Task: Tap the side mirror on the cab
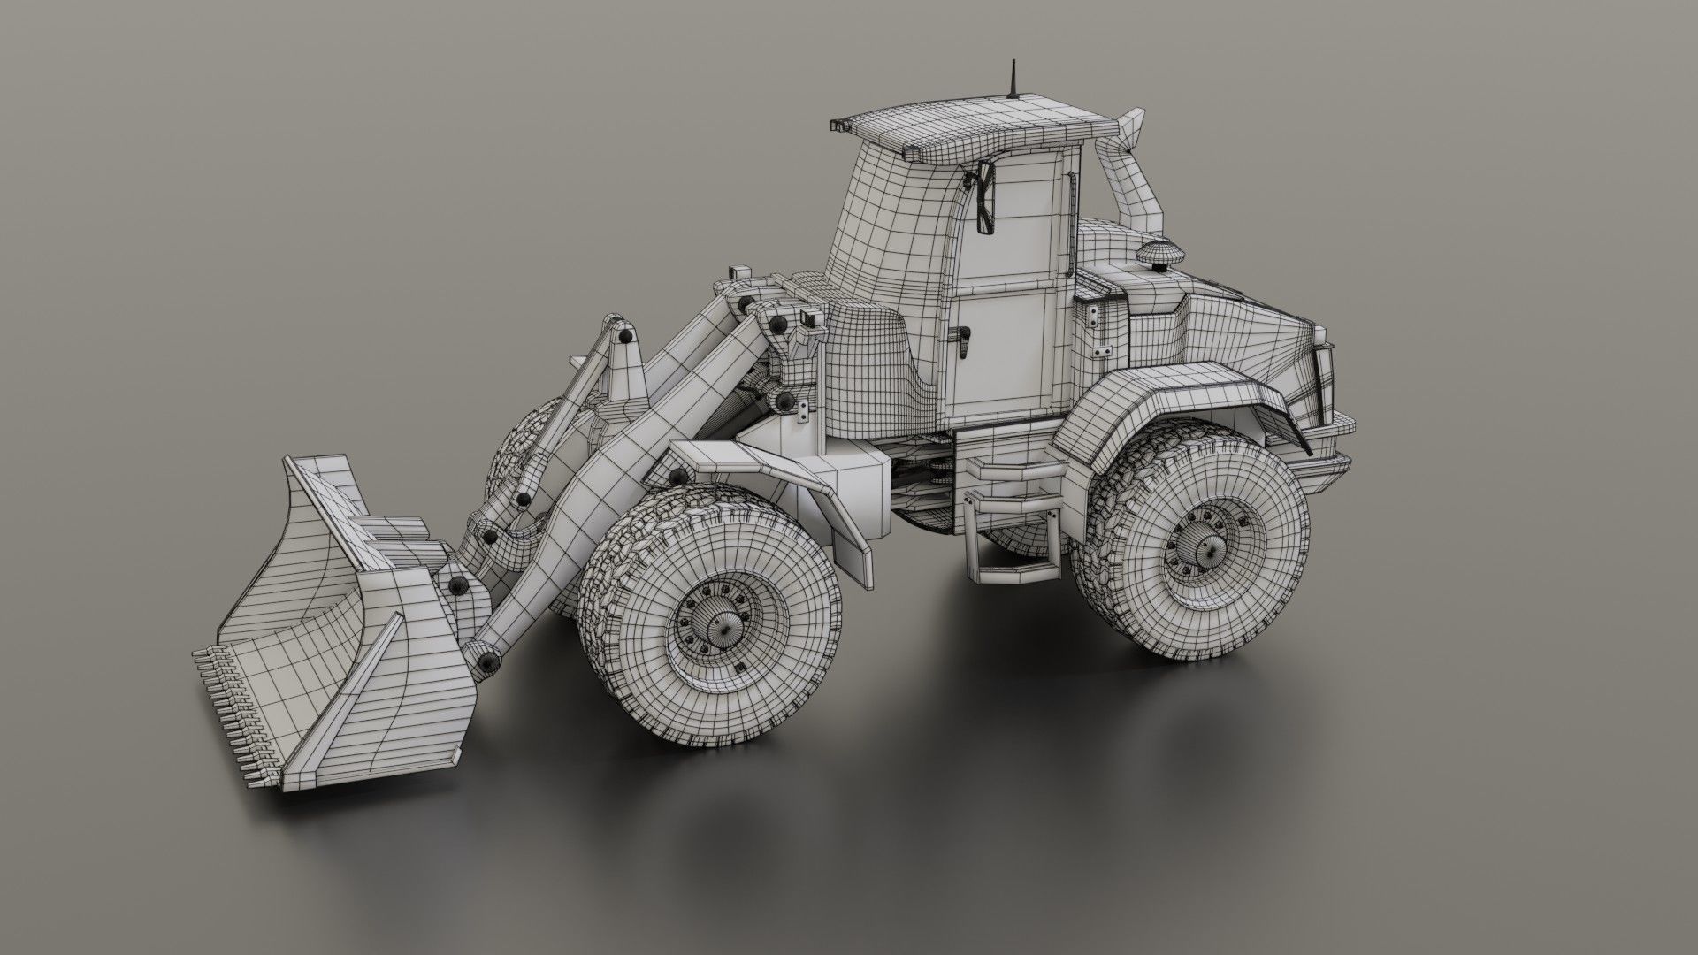(985, 201)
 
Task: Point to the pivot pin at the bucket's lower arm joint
(486, 659)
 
